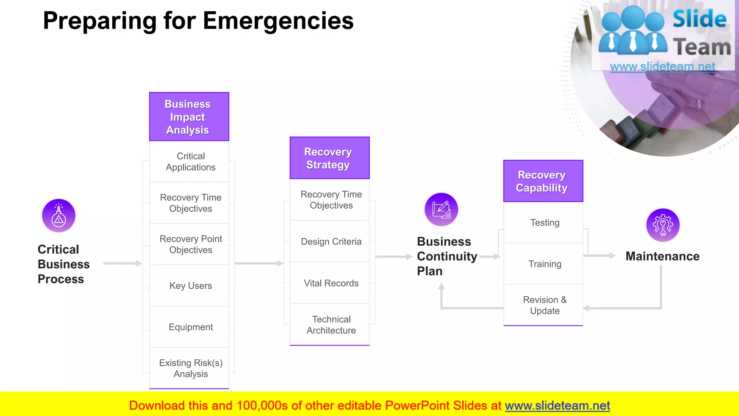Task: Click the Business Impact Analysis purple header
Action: [189, 117]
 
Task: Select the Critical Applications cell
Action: [190, 162]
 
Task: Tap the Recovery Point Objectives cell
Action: [190, 244]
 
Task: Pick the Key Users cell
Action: [190, 286]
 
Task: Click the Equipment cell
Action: [190, 327]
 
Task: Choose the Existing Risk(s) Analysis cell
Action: [190, 368]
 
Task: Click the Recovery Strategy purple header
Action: [329, 158]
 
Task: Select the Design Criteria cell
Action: [331, 242]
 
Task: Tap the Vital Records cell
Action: [331, 283]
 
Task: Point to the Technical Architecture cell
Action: [331, 325]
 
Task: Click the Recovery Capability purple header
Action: [543, 181]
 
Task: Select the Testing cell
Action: [544, 223]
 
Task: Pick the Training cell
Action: [544, 264]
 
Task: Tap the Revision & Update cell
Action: [544, 305]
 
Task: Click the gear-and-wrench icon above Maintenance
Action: [663, 225]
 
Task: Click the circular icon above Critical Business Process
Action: [59, 216]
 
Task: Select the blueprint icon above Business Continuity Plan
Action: [441, 209]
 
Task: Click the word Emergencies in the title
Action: [278, 21]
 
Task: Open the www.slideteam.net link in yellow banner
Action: [557, 406]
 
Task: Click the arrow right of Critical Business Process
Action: [123, 264]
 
